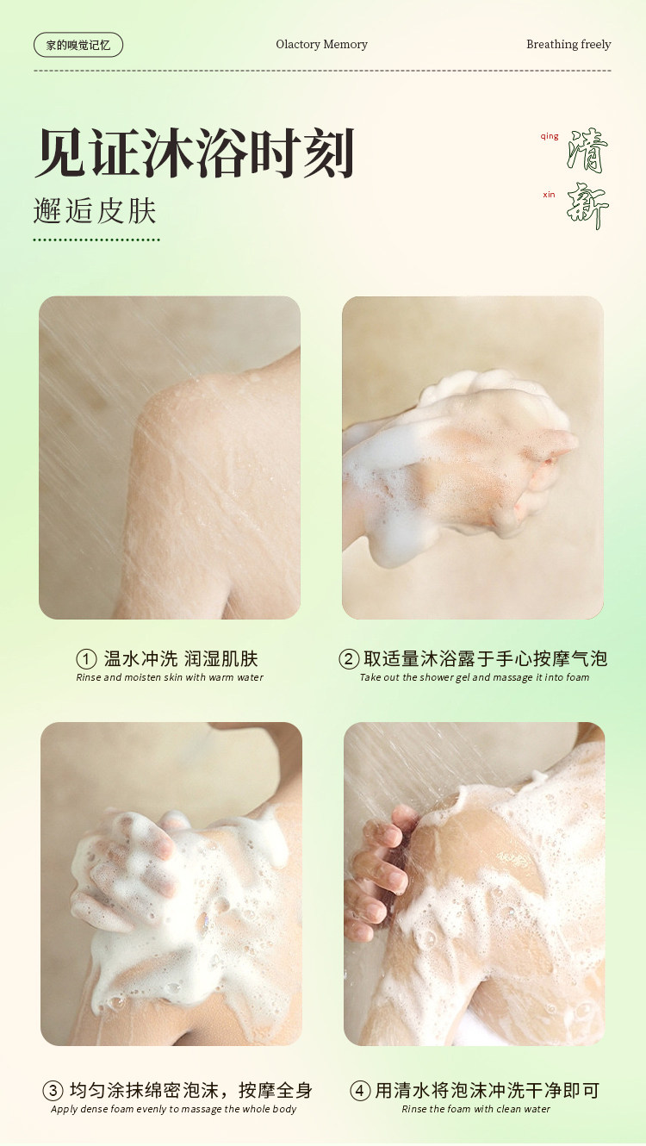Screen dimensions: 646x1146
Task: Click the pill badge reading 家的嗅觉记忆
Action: click(78, 45)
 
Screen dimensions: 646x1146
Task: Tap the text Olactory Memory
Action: click(322, 45)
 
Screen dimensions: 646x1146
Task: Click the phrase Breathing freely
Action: click(568, 45)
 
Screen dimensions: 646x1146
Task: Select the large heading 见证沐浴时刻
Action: click(195, 153)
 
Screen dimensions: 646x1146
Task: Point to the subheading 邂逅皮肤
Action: click(95, 211)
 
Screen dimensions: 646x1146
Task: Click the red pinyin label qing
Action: click(550, 137)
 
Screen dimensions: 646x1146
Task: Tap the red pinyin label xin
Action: click(549, 195)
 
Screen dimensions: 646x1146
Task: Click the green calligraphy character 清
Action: click(587, 151)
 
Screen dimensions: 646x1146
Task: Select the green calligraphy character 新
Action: click(587, 206)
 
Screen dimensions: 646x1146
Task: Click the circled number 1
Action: click(86, 659)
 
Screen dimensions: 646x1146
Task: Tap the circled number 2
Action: click(349, 659)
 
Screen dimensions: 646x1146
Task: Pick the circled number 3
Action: click(53, 1090)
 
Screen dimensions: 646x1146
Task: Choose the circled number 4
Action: click(360, 1090)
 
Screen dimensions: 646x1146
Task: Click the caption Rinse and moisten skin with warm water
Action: click(170, 677)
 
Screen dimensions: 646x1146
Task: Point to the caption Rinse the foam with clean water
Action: click(475, 1109)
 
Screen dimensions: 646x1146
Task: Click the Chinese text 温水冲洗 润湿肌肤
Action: click(181, 658)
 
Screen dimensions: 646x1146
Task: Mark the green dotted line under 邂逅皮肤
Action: click(96, 240)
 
